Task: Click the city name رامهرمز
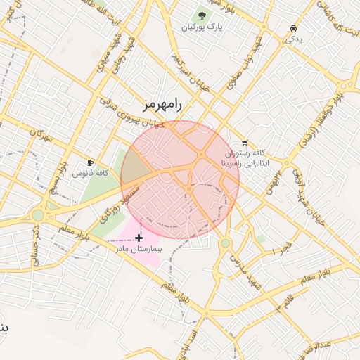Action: [161, 105]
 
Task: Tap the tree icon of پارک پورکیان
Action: [202, 15]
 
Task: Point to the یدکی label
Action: [292, 39]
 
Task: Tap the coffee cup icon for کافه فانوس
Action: [90, 162]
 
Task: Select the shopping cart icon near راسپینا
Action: [244, 142]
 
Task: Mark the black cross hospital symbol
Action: [139, 238]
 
